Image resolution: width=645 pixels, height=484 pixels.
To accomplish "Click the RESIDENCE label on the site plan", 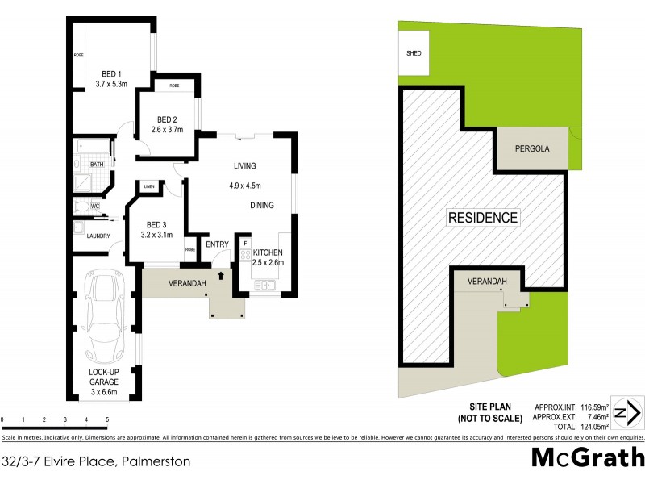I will pyautogui.click(x=483, y=217).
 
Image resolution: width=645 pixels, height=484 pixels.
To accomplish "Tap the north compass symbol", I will pyautogui.click(x=626, y=412).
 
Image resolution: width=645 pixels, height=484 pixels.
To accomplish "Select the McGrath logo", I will pyautogui.click(x=587, y=457).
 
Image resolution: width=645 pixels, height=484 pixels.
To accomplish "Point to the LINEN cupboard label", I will pyautogui.click(x=149, y=187).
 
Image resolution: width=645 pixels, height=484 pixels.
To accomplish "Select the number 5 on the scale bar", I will pyautogui.click(x=107, y=420).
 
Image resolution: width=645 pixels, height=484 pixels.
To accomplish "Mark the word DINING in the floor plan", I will pyautogui.click(x=263, y=206).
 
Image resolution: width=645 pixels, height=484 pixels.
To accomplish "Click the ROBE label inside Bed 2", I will pyautogui.click(x=174, y=86).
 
